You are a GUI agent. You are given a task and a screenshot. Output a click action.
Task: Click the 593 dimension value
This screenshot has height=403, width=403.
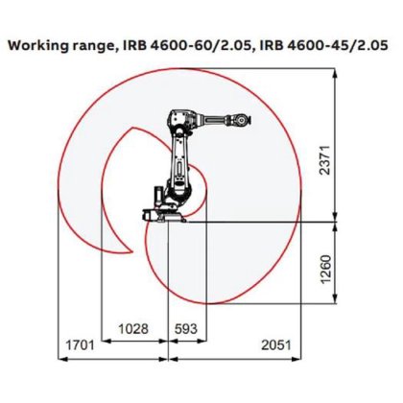pos(185,328)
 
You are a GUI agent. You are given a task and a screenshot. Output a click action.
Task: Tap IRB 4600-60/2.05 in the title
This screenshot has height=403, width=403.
pos(182,44)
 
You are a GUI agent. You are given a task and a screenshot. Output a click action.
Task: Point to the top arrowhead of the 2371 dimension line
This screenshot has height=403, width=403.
pos(335,83)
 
